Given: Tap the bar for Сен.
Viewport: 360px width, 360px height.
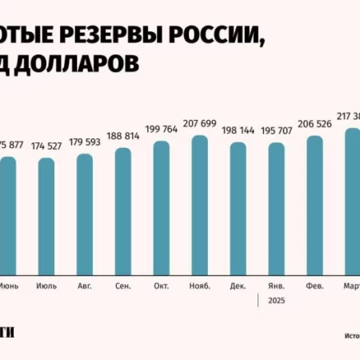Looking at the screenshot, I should pyautogui.click(x=122, y=209).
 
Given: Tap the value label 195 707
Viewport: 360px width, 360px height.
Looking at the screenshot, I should pyautogui.click(x=276, y=132).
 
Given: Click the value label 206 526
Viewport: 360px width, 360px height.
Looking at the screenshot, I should pyautogui.click(x=314, y=125).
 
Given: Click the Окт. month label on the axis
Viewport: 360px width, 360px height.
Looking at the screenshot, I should pyautogui.click(x=161, y=286).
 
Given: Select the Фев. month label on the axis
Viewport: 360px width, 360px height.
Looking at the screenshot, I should pyautogui.click(x=314, y=286).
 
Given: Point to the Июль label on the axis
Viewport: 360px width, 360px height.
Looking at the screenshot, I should pyautogui.click(x=46, y=286).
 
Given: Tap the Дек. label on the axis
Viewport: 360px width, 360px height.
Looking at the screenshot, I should pyautogui.click(x=238, y=286).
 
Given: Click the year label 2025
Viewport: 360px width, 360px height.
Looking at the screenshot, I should pyautogui.click(x=276, y=302).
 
